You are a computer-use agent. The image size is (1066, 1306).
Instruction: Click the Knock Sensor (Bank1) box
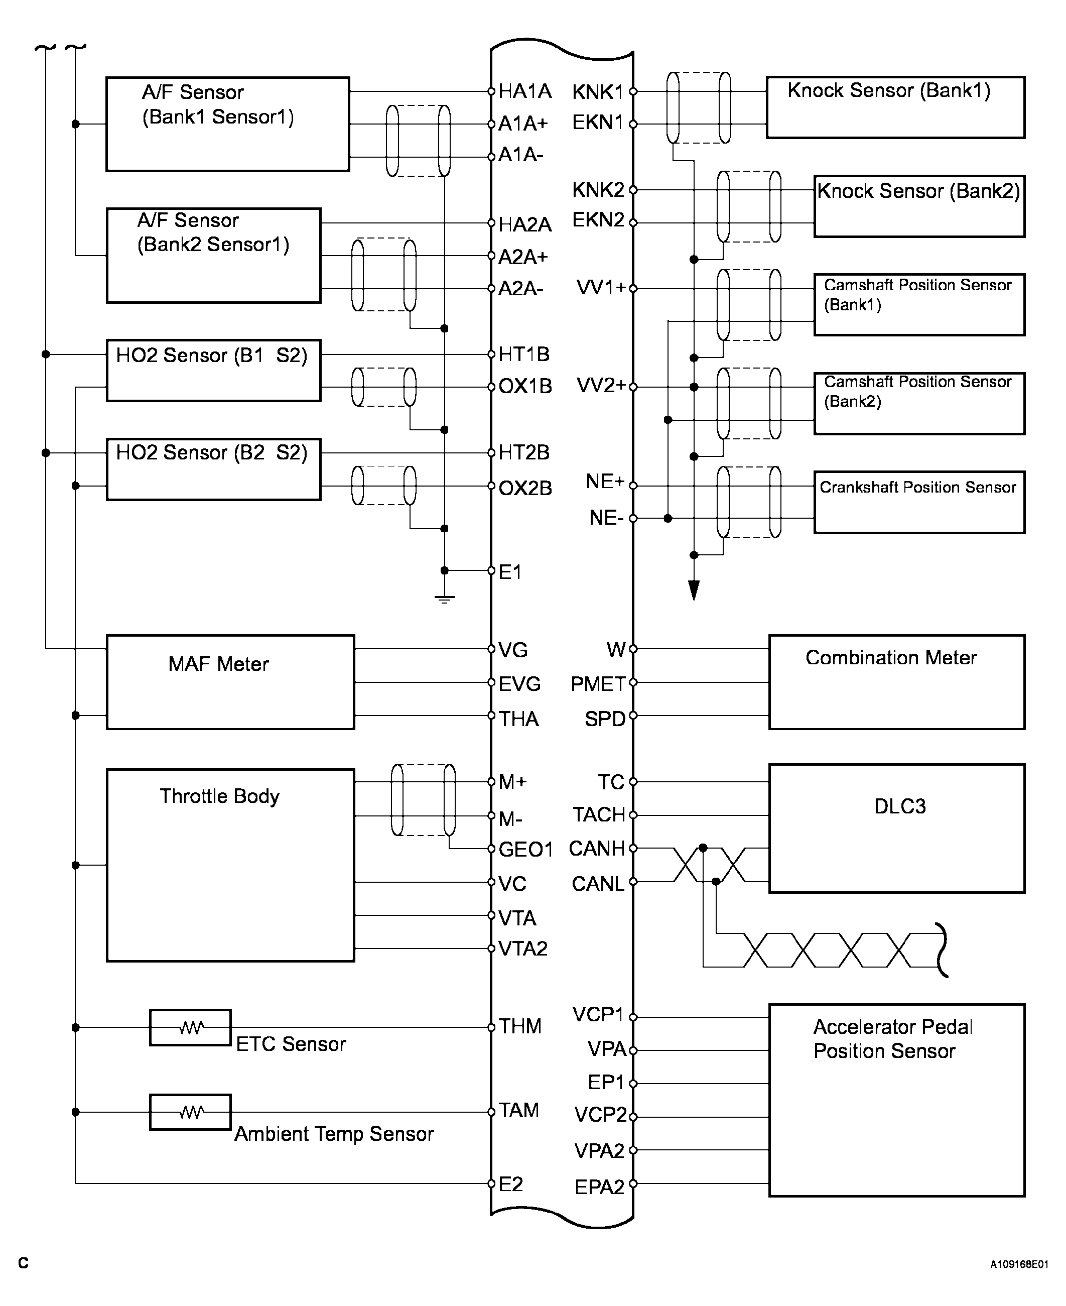895,107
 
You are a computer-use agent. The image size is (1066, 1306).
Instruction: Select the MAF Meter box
230,682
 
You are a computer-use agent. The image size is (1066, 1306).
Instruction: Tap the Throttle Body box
230,865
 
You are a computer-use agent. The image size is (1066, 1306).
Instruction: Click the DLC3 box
896,828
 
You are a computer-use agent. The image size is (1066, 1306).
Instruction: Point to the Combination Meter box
896,682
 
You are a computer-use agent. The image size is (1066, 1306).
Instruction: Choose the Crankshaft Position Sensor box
919,502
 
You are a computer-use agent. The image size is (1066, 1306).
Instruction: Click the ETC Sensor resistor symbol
190,1027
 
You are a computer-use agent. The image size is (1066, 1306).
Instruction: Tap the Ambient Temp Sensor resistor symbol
190,1112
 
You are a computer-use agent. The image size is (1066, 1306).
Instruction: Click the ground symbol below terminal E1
444,599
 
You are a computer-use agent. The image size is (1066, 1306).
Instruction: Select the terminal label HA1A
524,91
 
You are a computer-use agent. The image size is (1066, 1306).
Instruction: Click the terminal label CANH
596,849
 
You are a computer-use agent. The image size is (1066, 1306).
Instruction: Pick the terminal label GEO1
525,850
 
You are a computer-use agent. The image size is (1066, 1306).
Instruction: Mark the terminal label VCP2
600,1114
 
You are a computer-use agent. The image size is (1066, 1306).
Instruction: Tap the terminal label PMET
597,684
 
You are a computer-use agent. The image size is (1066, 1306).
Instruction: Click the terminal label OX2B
525,489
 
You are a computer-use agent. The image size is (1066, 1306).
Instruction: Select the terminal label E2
511,1184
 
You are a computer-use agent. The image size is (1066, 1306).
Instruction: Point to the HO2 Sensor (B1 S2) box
213,371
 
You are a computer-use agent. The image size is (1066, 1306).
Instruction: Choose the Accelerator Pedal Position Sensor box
896,1100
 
